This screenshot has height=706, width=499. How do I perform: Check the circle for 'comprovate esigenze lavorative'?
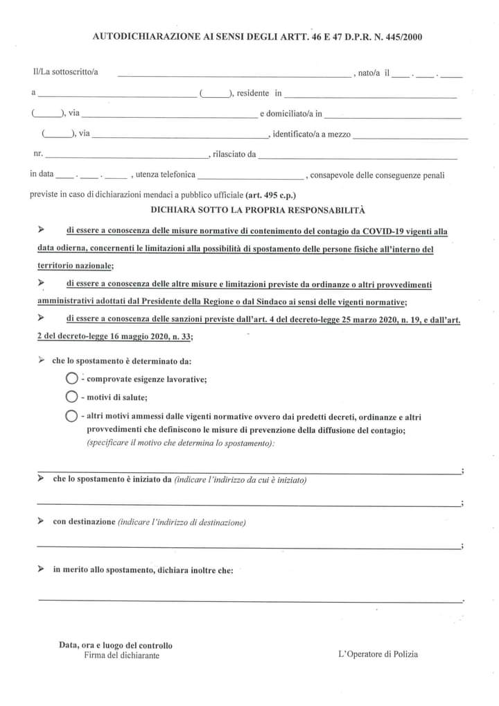[71, 379]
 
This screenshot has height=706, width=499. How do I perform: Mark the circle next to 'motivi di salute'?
[71, 397]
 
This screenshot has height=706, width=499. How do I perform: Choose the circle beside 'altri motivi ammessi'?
[71, 417]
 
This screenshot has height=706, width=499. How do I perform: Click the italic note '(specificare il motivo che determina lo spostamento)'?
[181, 442]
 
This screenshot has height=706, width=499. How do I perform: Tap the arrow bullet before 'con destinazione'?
[42, 520]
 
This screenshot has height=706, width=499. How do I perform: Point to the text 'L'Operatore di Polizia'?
[378, 653]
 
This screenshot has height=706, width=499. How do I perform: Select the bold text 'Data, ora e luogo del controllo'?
[116, 645]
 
